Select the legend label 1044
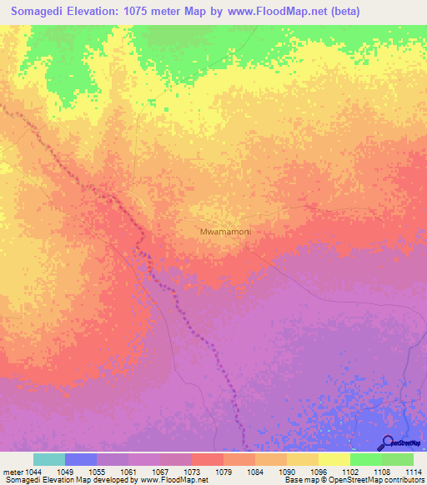[34, 472]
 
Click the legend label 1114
[413, 472]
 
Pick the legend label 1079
[223, 472]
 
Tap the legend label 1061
[128, 472]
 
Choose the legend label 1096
[318, 472]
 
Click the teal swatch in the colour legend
[49, 459]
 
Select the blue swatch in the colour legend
[81, 459]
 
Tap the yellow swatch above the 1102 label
[334, 459]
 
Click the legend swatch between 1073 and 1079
[208, 459]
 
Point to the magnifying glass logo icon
[386, 442]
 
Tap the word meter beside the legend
[13, 472]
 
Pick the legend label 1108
[381, 472]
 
